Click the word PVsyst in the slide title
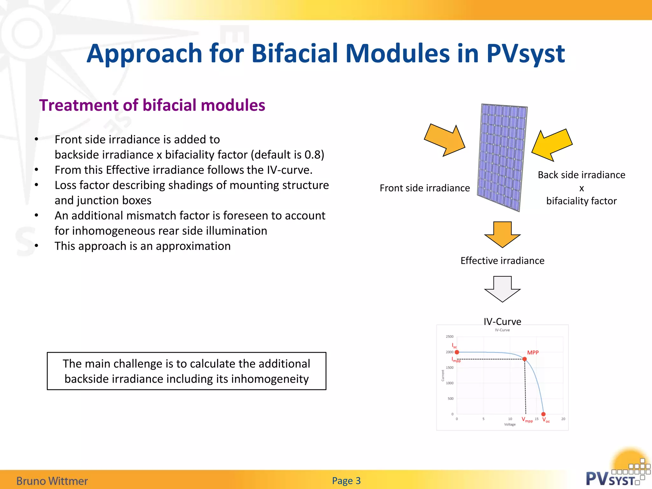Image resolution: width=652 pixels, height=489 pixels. (525, 53)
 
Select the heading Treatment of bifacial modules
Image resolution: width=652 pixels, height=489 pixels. (152, 105)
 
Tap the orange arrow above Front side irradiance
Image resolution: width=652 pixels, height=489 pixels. (446, 140)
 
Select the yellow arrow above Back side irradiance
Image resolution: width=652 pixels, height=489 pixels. (552, 145)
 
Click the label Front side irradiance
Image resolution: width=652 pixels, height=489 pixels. (424, 188)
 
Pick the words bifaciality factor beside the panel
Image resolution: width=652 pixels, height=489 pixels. (581, 201)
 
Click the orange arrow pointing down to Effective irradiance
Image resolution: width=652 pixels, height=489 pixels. (502, 234)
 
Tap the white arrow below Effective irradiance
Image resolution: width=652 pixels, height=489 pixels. (502, 289)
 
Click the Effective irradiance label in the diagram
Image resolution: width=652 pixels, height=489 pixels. (502, 261)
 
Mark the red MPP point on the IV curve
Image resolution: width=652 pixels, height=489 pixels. (525, 359)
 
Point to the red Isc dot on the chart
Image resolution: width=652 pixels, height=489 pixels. (457, 352)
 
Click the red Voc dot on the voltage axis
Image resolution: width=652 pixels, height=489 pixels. (543, 414)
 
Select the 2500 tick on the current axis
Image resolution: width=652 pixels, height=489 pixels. (450, 337)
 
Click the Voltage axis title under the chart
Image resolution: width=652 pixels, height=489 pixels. (510, 424)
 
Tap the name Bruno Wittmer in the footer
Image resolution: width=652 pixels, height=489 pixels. (52, 481)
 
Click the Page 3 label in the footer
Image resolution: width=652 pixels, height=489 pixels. (346, 481)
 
